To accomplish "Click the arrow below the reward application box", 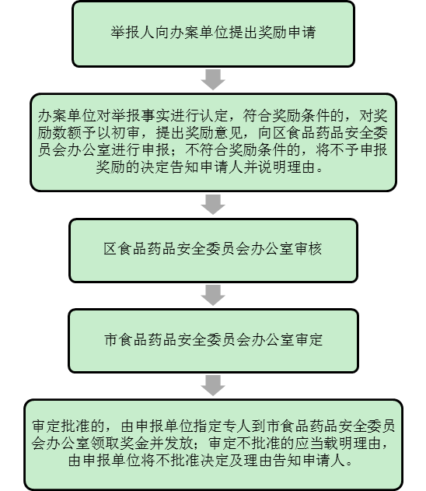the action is [213, 79].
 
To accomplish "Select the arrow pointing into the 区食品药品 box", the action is [213, 205].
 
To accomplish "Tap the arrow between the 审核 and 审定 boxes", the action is [213, 295].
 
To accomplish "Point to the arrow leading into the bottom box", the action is [213, 385].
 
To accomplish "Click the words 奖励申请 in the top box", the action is [287, 32].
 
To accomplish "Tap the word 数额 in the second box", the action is [66, 133].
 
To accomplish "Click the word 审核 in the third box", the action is [308, 249].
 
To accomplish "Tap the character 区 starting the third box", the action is [110, 249].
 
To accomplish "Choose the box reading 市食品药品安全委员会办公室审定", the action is [213, 341].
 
